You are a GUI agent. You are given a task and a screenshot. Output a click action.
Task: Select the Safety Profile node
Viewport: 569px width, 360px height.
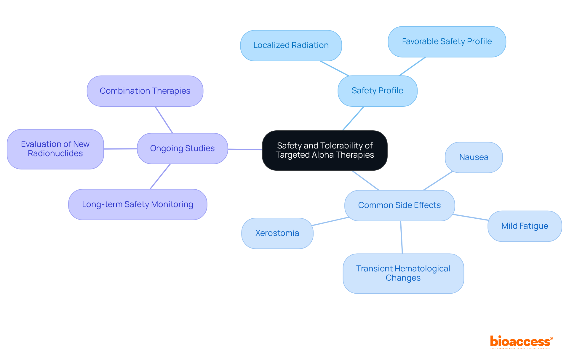click(377, 91)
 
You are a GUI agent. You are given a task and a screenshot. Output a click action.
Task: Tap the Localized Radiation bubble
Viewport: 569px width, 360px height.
click(291, 45)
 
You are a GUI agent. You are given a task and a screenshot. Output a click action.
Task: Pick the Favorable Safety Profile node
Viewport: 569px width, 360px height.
click(447, 41)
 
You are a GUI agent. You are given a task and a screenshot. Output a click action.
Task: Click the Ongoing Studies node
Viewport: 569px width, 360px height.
click(182, 148)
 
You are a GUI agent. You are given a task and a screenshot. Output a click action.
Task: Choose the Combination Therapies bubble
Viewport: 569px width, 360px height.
click(145, 91)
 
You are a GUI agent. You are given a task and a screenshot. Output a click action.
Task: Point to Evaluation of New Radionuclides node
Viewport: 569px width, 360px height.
click(55, 149)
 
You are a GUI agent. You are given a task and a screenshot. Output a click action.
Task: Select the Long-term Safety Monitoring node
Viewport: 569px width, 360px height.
click(138, 204)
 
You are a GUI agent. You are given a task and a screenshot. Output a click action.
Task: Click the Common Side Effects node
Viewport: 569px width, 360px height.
click(399, 205)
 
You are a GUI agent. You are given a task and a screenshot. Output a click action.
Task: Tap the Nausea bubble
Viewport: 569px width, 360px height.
click(474, 157)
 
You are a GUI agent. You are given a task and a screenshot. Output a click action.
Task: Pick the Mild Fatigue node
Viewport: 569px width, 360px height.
click(525, 226)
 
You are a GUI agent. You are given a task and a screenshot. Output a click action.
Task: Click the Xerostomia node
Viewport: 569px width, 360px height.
click(277, 233)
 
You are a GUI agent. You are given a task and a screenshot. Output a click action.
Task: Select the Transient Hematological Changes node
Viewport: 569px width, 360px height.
click(403, 273)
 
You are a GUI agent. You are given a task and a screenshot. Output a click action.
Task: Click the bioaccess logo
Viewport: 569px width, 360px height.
click(521, 342)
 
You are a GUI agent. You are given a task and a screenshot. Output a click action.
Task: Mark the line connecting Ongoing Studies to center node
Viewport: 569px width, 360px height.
click(245, 149)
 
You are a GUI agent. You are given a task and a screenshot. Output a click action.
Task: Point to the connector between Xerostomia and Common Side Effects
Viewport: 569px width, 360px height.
click(330, 221)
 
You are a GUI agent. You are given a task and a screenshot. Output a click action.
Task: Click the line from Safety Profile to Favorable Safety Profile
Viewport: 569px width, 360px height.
click(412, 66)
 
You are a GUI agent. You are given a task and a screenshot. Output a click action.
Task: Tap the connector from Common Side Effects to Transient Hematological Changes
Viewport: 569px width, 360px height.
click(401, 237)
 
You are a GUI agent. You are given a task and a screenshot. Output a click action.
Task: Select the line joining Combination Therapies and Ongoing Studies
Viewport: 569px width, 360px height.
click(164, 120)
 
